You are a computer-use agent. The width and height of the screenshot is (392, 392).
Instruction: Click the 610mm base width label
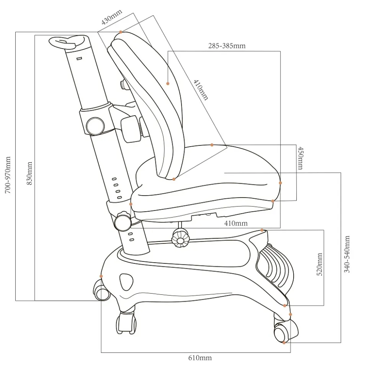coord(200,358)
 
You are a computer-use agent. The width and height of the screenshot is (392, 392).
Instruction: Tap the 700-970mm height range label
coord(8,175)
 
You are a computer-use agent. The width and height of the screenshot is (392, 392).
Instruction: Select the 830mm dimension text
coord(29,173)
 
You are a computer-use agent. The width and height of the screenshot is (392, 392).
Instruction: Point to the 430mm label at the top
coord(111,17)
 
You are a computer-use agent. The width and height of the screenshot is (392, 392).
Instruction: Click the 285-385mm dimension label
coord(227,46)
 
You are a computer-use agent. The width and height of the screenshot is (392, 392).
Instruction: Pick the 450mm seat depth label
coord(301,158)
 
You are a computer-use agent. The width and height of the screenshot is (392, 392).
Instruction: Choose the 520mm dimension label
coord(320,264)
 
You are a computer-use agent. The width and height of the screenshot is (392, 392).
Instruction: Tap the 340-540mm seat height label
coord(347,254)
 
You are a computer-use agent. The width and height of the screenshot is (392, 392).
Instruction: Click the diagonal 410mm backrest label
coord(201,90)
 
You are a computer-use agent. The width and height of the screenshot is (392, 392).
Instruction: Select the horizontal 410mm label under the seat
coord(236,223)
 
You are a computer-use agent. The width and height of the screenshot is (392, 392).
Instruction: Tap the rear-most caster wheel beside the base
coord(102,291)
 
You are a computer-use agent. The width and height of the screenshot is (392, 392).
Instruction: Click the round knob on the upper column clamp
coord(95,126)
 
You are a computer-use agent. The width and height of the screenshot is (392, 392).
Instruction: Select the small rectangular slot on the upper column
coord(79,59)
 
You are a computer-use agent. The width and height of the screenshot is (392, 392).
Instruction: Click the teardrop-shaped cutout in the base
coord(126,282)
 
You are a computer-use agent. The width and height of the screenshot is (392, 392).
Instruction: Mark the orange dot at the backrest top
coord(121,32)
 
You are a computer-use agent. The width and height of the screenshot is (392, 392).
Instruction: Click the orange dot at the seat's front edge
coord(280,183)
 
